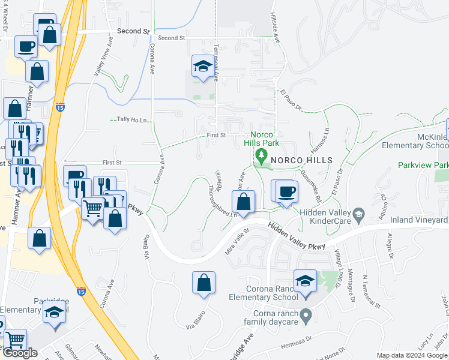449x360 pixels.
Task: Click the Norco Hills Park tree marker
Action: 261,156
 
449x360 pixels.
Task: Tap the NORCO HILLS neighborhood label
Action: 301,160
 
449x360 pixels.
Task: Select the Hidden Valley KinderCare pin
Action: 358,214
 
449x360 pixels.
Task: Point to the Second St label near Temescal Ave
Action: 172,38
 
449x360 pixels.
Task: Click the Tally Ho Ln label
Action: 132,119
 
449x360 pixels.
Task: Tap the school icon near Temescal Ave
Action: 203,67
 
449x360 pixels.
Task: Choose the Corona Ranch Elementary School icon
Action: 305,280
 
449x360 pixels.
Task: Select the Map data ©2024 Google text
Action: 412,355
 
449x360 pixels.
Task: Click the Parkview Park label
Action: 423,164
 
